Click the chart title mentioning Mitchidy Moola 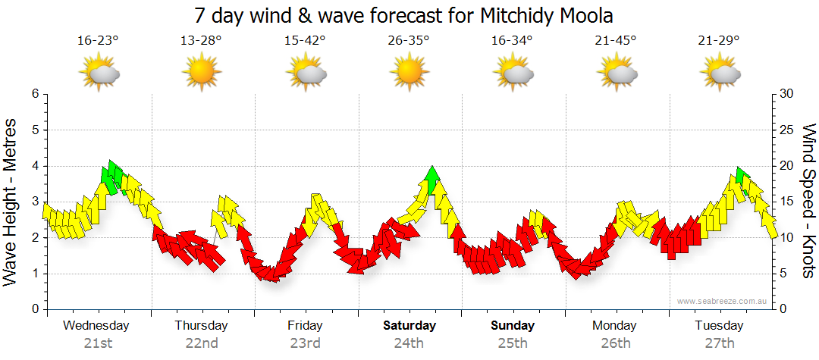tap(403, 16)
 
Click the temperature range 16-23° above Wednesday tap(98, 41)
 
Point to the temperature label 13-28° tap(201, 41)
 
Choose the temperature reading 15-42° tap(305, 41)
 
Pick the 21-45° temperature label tap(616, 41)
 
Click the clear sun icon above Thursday tap(201, 74)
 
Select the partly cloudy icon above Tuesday tap(719, 74)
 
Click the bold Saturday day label tap(409, 326)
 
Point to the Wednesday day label tap(96, 326)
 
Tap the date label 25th tap(513, 343)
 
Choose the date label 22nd tap(202, 343)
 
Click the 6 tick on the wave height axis tap(34, 94)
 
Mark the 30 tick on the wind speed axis tap(786, 94)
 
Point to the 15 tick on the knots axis tap(786, 202)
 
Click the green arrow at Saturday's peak tap(432, 180)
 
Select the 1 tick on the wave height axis tap(34, 274)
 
